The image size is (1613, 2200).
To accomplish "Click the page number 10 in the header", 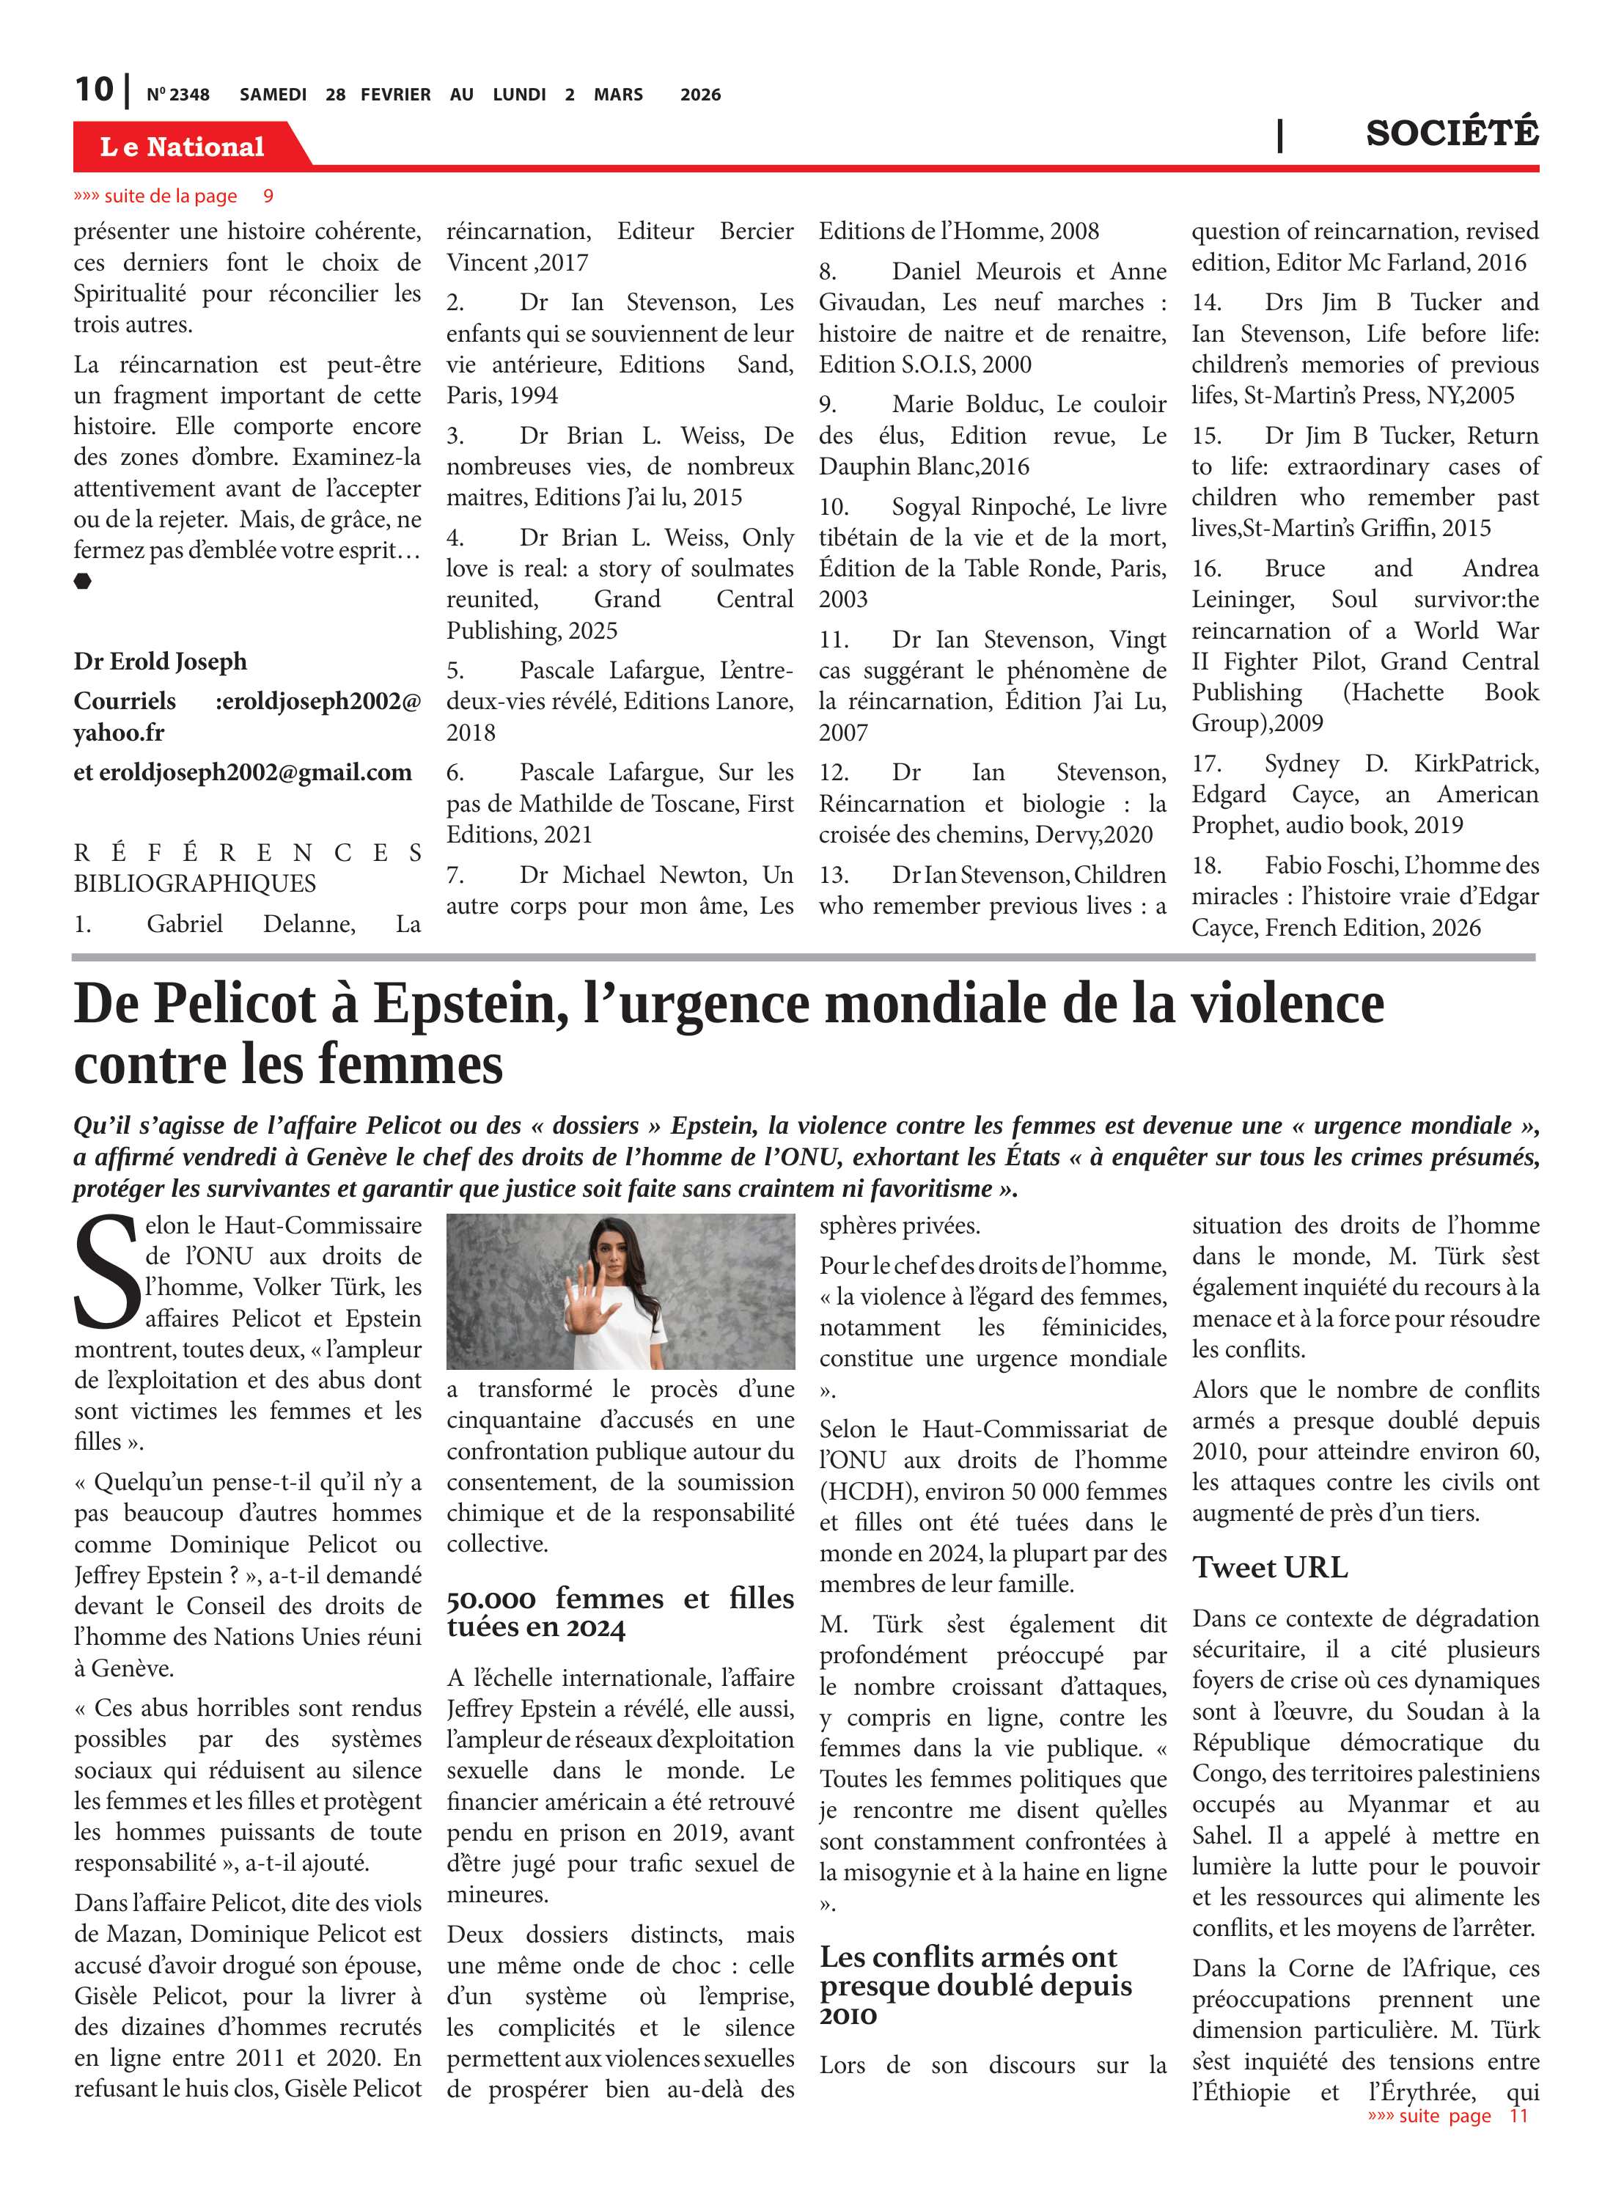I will (94, 90).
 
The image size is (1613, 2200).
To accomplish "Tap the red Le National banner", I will (182, 147).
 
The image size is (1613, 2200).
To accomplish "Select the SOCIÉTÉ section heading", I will (1451, 133).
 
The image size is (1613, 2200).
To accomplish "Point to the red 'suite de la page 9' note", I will (173, 197).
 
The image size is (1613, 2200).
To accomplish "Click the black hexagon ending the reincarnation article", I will (83, 581).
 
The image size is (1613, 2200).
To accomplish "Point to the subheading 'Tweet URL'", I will (1269, 1567).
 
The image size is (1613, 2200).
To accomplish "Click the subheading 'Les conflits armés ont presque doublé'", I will (974, 1985).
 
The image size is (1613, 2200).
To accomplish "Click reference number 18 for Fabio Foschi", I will (1207, 865).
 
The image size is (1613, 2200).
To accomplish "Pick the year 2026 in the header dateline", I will (700, 95).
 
